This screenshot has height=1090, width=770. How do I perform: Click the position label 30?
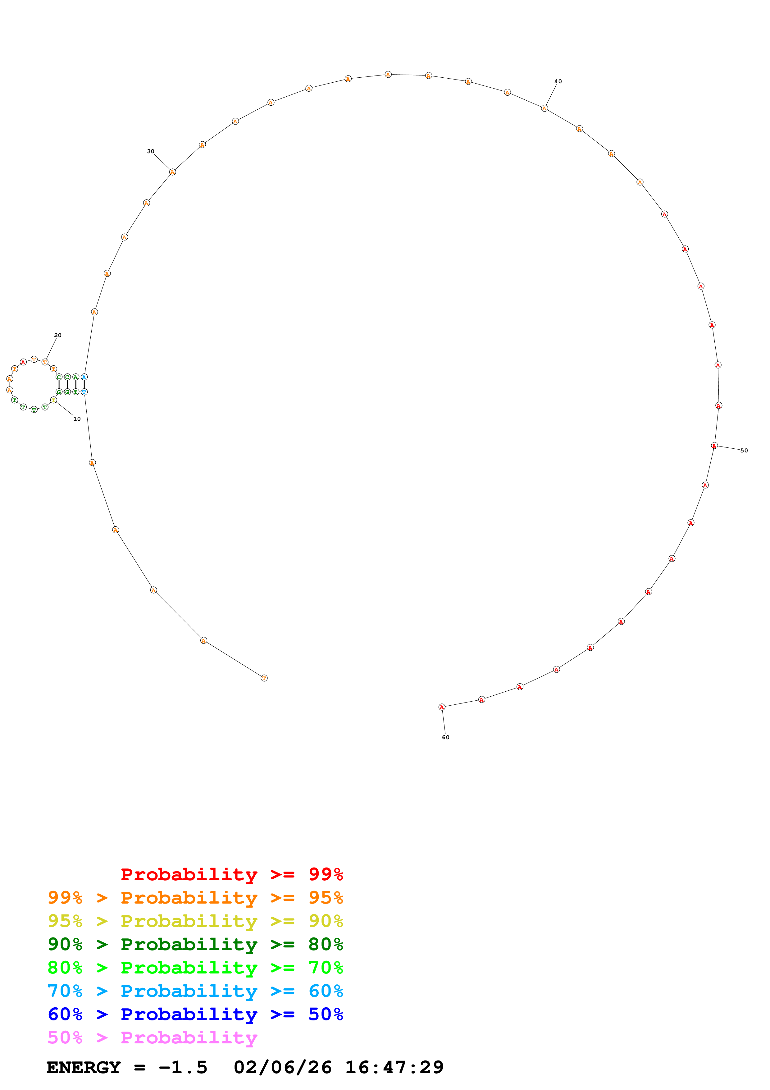pyautogui.click(x=150, y=151)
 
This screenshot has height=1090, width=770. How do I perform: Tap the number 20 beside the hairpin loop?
pyautogui.click(x=58, y=335)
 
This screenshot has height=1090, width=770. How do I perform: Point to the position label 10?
pyautogui.click(x=77, y=419)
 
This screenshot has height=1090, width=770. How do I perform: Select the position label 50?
pyautogui.click(x=744, y=451)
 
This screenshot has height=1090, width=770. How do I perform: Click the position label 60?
pyautogui.click(x=445, y=737)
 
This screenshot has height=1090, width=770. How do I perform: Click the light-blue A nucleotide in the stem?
pyautogui.click(x=84, y=377)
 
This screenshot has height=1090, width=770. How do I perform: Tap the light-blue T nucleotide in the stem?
pyautogui.click(x=84, y=392)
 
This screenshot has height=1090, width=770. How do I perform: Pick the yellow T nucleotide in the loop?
pyautogui.click(x=54, y=400)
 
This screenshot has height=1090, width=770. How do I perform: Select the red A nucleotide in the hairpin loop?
pyautogui.click(x=23, y=362)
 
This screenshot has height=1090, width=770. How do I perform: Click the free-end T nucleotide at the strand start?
pyautogui.click(x=264, y=678)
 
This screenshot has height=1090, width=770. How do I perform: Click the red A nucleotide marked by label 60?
pyautogui.click(x=442, y=707)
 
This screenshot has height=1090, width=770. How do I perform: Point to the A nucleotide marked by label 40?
pyautogui.click(x=544, y=108)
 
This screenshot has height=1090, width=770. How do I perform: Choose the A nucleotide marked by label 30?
pyautogui.click(x=172, y=172)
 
